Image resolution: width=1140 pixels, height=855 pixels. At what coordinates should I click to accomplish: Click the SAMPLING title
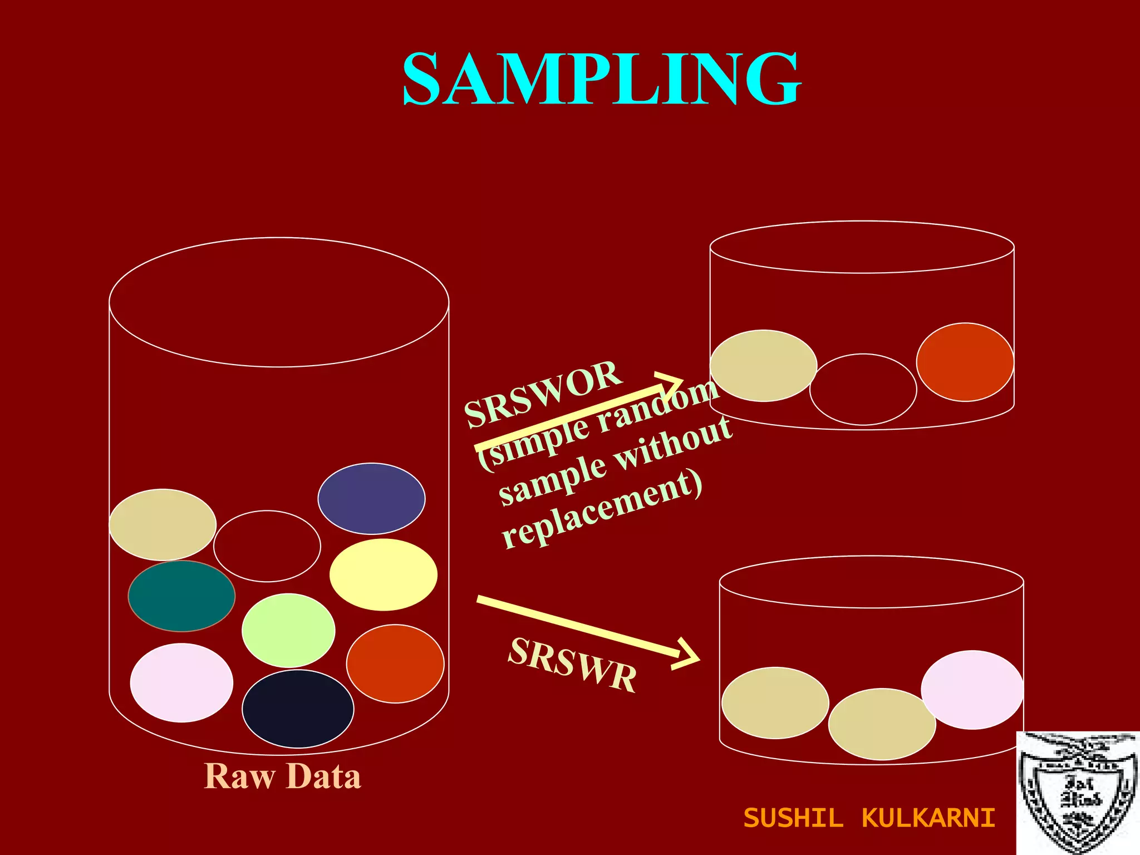pyautogui.click(x=601, y=79)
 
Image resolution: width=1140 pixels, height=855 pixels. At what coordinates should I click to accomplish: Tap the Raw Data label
pyautogui.click(x=283, y=777)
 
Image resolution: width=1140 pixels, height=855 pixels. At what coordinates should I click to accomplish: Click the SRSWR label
pyautogui.click(x=572, y=665)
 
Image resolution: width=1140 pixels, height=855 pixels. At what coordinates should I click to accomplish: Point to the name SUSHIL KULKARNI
pyautogui.click(x=869, y=818)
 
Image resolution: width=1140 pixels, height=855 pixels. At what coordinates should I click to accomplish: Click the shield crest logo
pyautogui.click(x=1078, y=794)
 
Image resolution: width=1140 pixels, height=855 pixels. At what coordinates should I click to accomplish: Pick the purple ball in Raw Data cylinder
pyautogui.click(x=371, y=499)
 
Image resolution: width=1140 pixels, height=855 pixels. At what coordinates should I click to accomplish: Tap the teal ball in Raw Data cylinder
pyautogui.click(x=181, y=596)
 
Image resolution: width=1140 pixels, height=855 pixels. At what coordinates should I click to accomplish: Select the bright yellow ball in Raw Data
pyautogui.click(x=384, y=574)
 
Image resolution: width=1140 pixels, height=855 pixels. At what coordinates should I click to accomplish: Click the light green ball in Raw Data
pyautogui.click(x=288, y=630)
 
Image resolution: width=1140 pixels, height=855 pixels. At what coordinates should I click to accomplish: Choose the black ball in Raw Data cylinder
pyautogui.click(x=298, y=709)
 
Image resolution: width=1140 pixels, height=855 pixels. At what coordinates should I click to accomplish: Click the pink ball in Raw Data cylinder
pyautogui.click(x=181, y=683)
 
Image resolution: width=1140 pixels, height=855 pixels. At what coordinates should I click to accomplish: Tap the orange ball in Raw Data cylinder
pyautogui.click(x=395, y=664)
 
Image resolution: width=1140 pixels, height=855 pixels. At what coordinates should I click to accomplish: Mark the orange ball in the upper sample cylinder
pyautogui.click(x=965, y=362)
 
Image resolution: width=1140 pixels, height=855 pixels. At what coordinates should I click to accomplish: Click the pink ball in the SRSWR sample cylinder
pyautogui.click(x=972, y=690)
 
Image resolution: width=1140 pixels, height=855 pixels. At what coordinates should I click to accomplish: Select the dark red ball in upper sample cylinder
pyautogui.click(x=863, y=390)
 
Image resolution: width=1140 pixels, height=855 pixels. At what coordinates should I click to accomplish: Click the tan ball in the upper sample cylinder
pyautogui.click(x=763, y=366)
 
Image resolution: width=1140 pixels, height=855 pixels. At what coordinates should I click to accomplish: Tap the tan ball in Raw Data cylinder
pyautogui.click(x=163, y=524)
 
